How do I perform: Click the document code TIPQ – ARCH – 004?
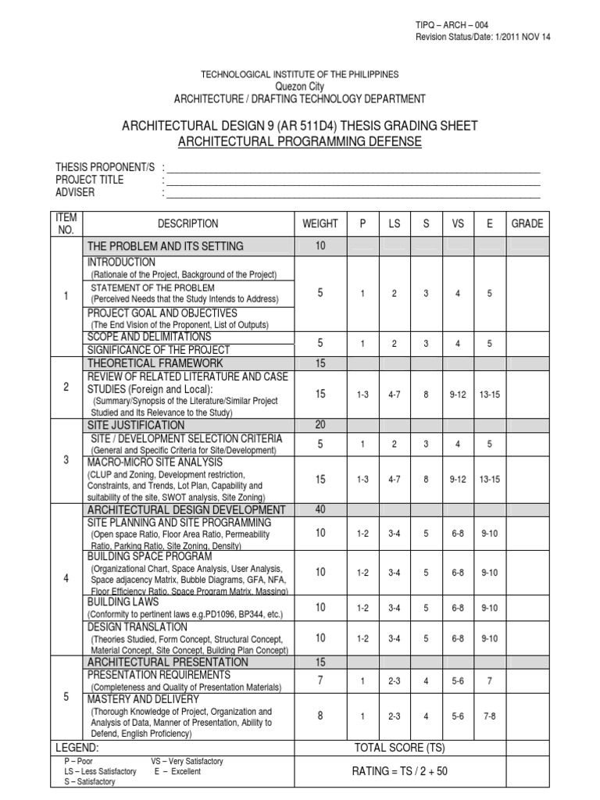click(x=452, y=26)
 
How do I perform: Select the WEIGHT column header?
click(x=320, y=223)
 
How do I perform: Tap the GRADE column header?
click(x=527, y=223)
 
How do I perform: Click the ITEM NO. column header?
click(x=66, y=223)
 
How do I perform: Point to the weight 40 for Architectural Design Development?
click(x=320, y=510)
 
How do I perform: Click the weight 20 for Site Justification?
click(x=320, y=425)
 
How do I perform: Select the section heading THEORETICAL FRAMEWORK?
click(x=155, y=363)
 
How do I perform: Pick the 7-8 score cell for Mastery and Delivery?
click(x=490, y=716)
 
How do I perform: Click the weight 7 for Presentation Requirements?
click(x=320, y=680)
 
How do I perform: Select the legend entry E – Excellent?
click(x=177, y=771)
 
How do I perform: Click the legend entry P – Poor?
click(x=79, y=760)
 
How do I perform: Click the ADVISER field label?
click(x=75, y=191)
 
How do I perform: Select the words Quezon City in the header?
click(x=300, y=86)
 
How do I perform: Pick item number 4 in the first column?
click(x=66, y=580)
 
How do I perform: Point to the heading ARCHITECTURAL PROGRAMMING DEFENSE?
click(x=300, y=141)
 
